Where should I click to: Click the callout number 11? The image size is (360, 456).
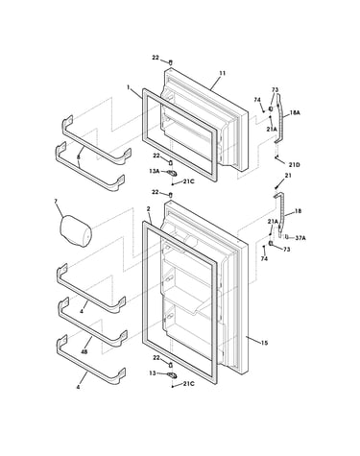(x=223, y=73)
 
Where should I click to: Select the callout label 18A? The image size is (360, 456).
(x=295, y=112)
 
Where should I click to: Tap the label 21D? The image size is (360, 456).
(x=294, y=165)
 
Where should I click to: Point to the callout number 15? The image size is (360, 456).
(x=264, y=343)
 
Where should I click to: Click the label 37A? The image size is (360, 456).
(x=300, y=238)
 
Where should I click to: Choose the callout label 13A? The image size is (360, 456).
(x=155, y=172)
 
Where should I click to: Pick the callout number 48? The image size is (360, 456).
(x=84, y=351)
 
